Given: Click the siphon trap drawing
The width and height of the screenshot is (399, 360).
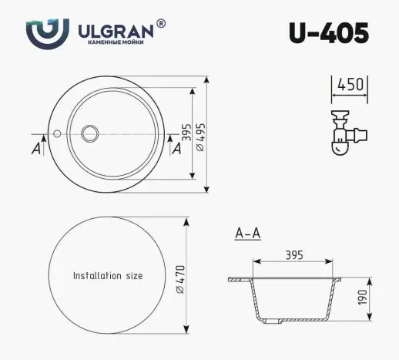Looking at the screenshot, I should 346,132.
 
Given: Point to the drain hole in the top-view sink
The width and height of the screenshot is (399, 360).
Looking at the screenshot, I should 89,133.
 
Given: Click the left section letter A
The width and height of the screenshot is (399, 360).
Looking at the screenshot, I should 35,149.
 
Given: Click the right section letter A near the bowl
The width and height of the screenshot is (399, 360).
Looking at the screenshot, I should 176,150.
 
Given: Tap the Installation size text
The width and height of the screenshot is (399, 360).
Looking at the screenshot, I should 108,275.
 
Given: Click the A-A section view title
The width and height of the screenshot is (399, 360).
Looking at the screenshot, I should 246,231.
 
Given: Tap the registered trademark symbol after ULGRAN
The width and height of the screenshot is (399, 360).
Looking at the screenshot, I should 160,24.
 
